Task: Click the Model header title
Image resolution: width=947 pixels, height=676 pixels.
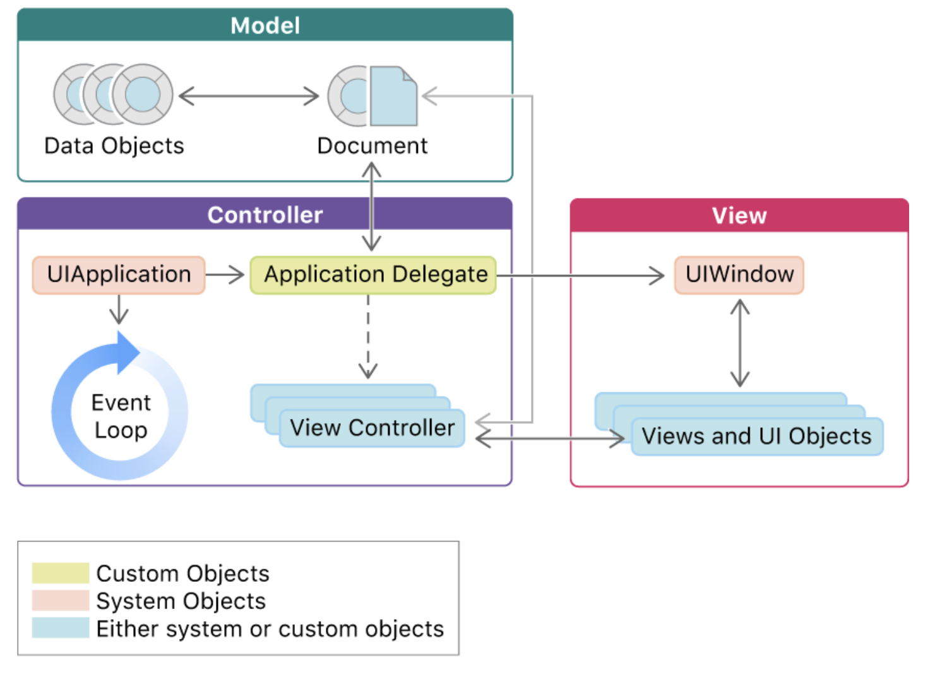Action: coord(266,25)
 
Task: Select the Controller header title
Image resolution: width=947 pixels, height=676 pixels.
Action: coord(265,215)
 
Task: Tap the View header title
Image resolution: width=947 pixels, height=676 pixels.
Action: coord(739,215)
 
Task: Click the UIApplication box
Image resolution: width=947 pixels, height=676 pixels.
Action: coord(119,275)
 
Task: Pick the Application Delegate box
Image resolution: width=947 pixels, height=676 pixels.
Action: coord(373,275)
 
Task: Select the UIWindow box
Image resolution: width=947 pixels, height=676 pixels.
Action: coord(739,275)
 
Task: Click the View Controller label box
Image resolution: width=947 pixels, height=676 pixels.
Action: coord(372,428)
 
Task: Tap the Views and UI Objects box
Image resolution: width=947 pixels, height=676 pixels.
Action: coord(757,437)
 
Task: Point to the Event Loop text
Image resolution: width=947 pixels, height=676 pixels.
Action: coord(121,416)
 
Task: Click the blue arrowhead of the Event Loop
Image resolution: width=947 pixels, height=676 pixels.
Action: coord(128,353)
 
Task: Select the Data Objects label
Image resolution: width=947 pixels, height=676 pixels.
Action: coord(114,146)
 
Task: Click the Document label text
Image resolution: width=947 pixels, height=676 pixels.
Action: coord(372,146)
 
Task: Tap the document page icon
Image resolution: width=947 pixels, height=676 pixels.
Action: coord(393,96)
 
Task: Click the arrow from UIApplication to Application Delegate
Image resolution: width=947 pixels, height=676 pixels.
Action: coord(225,275)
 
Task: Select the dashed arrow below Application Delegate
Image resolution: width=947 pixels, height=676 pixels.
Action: coord(368,337)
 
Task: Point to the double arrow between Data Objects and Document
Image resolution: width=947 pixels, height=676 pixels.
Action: coord(249,96)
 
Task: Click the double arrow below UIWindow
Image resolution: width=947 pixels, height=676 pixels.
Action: coord(740,343)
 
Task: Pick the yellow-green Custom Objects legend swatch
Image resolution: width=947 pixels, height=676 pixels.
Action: coord(61,573)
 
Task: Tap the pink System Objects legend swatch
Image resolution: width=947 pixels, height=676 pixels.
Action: coord(61,601)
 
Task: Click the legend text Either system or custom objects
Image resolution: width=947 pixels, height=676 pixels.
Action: coord(270,629)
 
